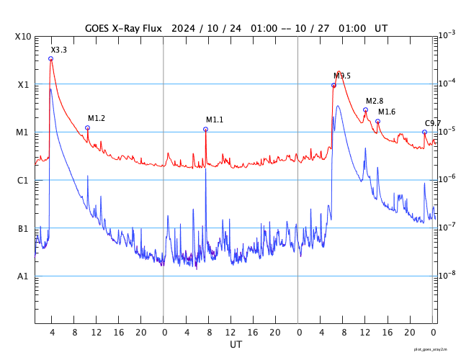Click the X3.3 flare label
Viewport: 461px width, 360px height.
pos(58,50)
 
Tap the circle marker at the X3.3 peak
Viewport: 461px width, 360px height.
pos(50,59)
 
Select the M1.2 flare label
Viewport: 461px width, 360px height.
pos(97,118)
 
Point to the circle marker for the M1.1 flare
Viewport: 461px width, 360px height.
pos(205,130)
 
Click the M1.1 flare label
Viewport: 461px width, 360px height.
pos(215,120)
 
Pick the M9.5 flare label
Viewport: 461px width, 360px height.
pos(341,76)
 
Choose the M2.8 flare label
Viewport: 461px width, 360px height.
pos(375,101)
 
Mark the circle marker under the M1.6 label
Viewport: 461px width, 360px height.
pos(377,122)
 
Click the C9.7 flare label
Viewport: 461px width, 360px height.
pos(433,123)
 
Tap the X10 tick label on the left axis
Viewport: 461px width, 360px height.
pos(23,37)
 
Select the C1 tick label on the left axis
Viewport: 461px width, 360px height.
pos(23,181)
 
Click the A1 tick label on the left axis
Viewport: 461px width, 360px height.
pos(23,276)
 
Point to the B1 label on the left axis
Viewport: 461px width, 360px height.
pos(23,229)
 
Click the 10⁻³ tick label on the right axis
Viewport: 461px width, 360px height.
pos(447,35)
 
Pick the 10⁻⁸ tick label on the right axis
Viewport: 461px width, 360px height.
pos(447,276)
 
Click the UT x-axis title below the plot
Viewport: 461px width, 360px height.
pos(236,345)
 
